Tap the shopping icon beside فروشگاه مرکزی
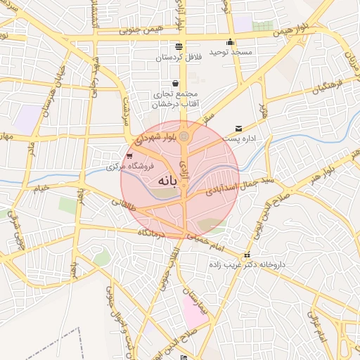click(x=129, y=155)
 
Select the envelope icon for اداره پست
click(x=240, y=128)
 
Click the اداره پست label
click(x=256, y=139)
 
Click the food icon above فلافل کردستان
click(x=179, y=45)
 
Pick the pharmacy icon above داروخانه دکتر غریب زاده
click(x=246, y=255)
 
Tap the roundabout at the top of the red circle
click(x=184, y=135)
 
